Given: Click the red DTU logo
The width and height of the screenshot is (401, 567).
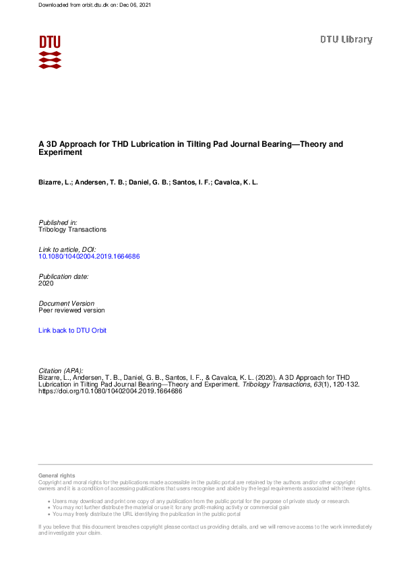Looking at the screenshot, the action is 50,51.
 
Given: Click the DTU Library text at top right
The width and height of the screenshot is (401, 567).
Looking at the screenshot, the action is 346,40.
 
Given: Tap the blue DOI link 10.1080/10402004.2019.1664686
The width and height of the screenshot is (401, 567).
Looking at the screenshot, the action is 89,257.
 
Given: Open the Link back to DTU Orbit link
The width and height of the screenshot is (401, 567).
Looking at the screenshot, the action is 73,331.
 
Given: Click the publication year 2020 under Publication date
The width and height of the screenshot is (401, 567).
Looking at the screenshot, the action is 47,283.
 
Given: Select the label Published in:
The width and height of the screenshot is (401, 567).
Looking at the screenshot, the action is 58,222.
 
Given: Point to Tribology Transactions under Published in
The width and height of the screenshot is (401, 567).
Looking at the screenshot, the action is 73,230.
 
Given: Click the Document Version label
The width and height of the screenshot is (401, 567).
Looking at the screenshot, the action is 67,304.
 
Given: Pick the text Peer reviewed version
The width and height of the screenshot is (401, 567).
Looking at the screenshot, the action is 72,310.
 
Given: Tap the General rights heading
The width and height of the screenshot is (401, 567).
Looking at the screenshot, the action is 57,476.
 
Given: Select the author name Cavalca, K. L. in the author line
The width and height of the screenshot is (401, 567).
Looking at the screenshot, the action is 240,182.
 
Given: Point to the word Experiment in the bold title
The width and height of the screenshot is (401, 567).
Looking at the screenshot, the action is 61,153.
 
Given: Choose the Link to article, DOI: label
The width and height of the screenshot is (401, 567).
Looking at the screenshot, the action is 67,250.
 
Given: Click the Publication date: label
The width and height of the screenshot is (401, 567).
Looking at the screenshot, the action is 64,277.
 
